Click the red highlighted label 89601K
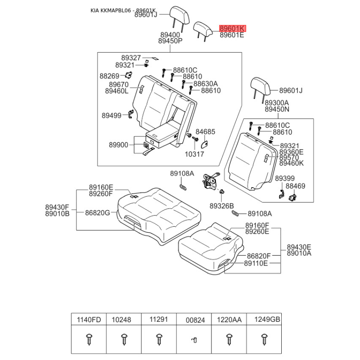click(233, 28)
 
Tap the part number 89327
click(131, 58)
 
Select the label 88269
click(109, 76)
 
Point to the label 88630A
click(206, 84)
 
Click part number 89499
click(112, 116)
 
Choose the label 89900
click(118, 145)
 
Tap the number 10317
click(194, 154)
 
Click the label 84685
click(205, 132)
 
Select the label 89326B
click(221, 206)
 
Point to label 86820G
click(98, 213)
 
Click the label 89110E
click(256, 263)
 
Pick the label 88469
click(296, 186)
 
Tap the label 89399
click(285, 178)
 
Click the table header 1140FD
click(89, 320)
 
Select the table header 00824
click(195, 320)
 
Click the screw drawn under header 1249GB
click(265, 339)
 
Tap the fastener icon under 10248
click(124, 339)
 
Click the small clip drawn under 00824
click(194, 340)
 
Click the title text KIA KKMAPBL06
click(111, 10)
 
